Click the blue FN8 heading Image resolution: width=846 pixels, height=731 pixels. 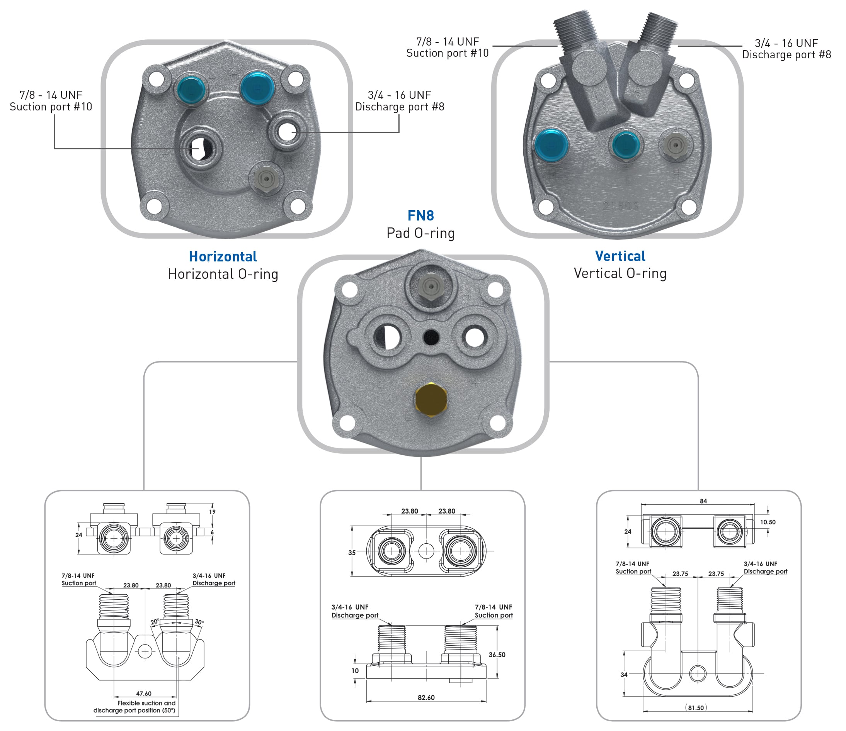point(420,215)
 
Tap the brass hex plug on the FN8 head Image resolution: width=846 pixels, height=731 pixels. point(431,399)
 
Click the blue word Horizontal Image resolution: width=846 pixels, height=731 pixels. point(223,256)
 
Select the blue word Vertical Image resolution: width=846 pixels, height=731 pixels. point(620,256)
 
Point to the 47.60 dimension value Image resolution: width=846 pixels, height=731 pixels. point(144,694)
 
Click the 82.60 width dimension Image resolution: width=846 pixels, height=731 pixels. point(426,697)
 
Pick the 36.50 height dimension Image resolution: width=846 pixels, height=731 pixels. point(497,655)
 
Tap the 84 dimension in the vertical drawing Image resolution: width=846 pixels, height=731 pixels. point(703,501)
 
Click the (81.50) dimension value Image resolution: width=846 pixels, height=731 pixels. point(696,708)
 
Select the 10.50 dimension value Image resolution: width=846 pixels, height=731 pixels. point(768,522)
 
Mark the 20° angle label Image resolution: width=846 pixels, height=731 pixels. point(155,622)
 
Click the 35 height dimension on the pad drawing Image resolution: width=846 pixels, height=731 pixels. point(352,553)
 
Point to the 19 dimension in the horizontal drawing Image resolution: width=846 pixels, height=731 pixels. point(212,512)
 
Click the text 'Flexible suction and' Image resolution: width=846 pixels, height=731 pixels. point(146,703)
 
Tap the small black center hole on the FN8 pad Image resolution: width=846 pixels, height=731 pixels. point(431,338)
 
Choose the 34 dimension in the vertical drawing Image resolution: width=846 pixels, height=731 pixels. point(624,675)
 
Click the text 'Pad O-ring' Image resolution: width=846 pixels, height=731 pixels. point(420,233)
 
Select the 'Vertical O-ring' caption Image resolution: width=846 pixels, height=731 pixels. point(620,273)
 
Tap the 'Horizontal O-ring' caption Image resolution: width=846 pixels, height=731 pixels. point(223,274)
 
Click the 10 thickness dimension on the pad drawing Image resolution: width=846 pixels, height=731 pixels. point(355,671)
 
